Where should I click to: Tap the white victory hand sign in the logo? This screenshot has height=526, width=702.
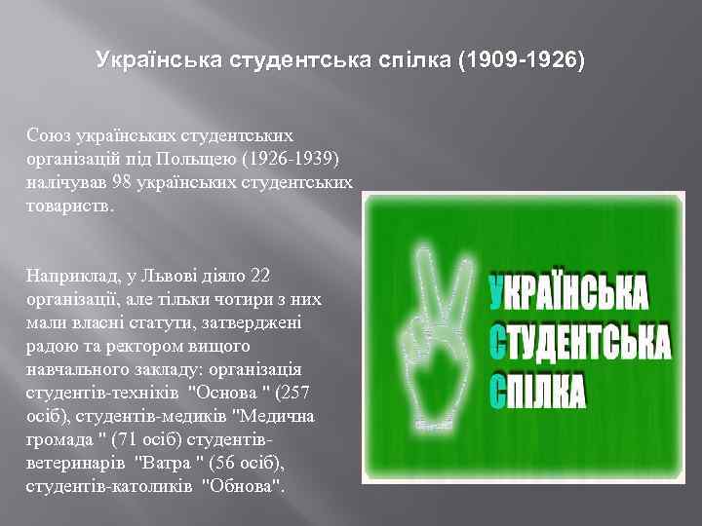(x=428, y=322)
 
